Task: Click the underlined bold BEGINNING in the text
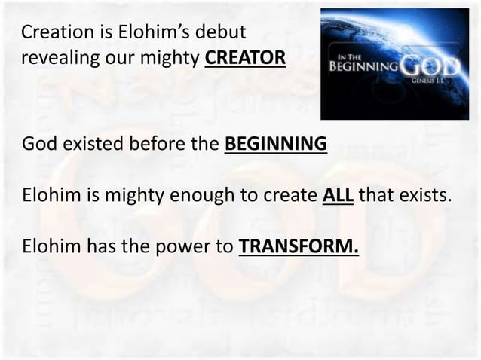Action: (276, 143)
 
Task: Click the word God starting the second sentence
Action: (37, 143)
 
